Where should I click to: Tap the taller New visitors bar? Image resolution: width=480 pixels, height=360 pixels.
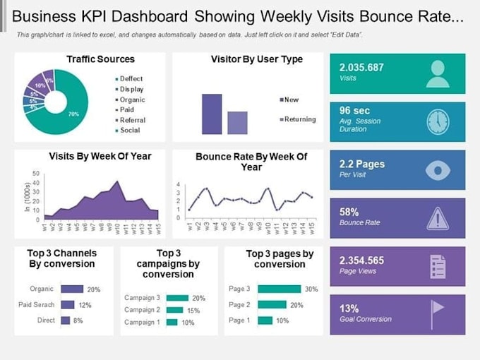coord(212,114)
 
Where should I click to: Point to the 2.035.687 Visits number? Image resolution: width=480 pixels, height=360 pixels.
coord(361,68)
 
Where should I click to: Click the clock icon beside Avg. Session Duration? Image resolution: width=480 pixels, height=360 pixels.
coord(438,122)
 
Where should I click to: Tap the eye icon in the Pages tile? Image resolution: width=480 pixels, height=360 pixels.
coord(438,170)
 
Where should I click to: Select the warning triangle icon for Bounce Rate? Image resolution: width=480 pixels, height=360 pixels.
coord(438,218)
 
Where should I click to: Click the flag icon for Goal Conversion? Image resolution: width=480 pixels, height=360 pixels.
coord(438,314)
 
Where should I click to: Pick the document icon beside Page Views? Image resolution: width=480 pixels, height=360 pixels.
coord(438,266)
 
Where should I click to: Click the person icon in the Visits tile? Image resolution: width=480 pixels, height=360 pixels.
coord(438,73)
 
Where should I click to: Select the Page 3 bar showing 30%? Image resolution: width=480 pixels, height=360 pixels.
coord(280,289)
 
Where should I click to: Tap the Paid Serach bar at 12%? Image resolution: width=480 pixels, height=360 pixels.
coord(68,304)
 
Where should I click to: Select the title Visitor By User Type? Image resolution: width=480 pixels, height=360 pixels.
coord(257,60)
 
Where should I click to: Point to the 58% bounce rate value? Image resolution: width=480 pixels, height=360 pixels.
coord(350,211)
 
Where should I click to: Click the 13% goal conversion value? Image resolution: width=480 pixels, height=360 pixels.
coord(350,308)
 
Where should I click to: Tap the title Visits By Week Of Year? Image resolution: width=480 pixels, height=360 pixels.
coord(100,156)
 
